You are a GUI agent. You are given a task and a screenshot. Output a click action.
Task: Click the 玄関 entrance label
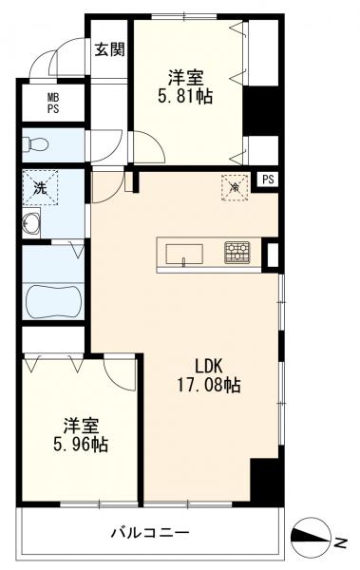[110, 49]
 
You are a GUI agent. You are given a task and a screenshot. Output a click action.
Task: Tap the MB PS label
[53, 104]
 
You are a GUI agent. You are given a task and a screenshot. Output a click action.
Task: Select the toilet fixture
[35, 145]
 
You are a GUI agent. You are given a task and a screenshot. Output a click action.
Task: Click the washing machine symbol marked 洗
[40, 187]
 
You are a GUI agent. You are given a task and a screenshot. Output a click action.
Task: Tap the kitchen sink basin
[184, 254]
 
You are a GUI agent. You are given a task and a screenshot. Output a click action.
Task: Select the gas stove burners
[237, 253]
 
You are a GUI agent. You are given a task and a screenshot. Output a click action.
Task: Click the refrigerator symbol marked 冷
[235, 187]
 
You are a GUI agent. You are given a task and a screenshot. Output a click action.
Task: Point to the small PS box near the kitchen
[268, 180]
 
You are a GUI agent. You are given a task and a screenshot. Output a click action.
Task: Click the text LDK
[208, 367]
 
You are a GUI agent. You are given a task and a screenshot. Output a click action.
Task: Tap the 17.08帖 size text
[208, 385]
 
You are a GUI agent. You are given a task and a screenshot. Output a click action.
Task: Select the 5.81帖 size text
[185, 96]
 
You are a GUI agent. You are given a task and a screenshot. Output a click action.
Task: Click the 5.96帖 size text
[81, 445]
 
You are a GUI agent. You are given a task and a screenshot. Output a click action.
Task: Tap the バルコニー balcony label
[150, 533]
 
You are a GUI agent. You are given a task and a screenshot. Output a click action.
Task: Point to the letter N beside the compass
[340, 543]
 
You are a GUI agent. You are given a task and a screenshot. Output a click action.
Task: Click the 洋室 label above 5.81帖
[185, 78]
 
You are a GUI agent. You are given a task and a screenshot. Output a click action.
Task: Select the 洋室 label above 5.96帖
[81, 426]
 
